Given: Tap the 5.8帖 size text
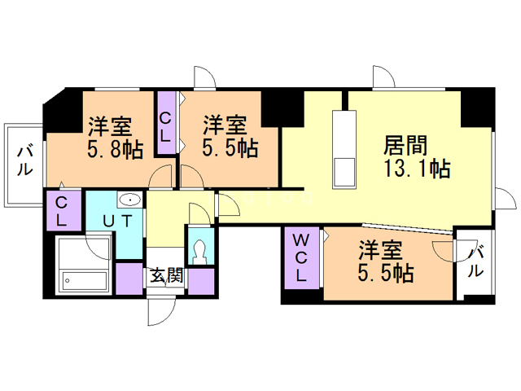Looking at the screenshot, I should pos(115,149).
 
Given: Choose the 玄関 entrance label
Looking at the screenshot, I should pos(166,276).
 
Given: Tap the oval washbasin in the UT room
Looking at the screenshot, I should pos(129,200).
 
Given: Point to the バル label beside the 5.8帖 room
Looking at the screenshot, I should pos(24,160).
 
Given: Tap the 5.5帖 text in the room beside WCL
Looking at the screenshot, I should pos(384,273).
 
